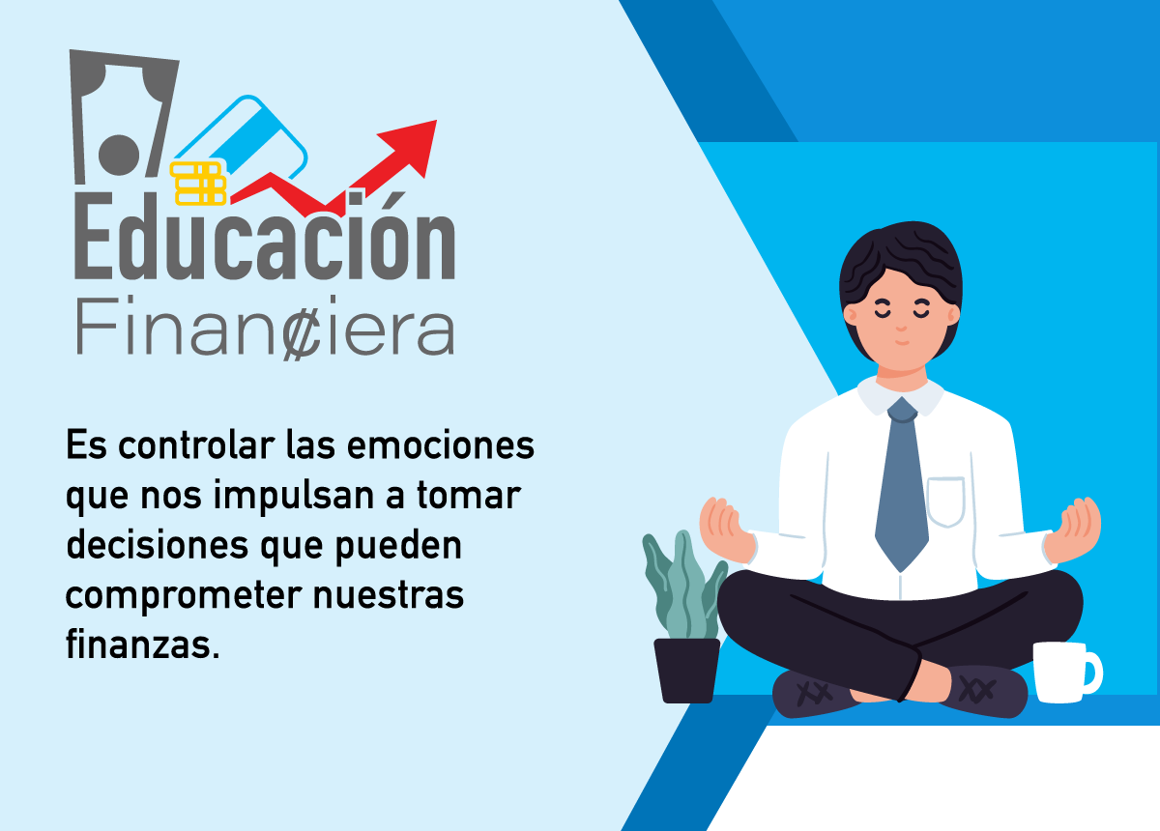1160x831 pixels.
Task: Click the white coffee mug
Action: coord(1065,673)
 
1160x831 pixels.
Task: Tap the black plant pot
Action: coord(686,671)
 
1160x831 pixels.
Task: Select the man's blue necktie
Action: coord(902,484)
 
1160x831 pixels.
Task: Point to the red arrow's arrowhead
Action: coord(412,145)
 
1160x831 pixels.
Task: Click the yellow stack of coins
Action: coord(198,183)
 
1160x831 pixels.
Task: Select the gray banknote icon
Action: coord(122,117)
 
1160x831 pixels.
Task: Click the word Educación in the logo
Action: coord(264,236)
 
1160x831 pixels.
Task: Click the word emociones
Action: coord(440,445)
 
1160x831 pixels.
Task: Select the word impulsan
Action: coord(294,497)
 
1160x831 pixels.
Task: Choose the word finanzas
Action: coord(142,645)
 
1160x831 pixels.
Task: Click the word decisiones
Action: coord(158,545)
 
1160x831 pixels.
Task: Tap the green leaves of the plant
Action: coord(682,585)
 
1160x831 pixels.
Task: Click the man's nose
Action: coord(902,327)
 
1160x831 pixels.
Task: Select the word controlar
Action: coord(196,445)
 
